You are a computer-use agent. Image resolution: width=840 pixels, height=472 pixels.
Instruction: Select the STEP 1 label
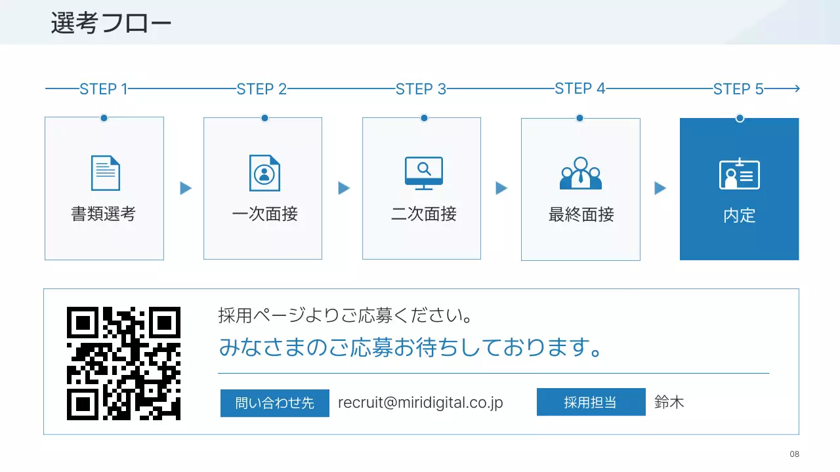coord(103,89)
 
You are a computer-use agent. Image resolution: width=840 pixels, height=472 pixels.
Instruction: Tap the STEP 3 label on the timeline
coord(421,89)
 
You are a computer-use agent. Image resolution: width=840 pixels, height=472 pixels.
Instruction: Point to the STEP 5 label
coord(738,89)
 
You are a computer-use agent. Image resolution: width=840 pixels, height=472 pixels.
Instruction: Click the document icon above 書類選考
coord(105,173)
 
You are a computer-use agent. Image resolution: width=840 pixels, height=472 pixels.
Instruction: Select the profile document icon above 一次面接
coord(264,173)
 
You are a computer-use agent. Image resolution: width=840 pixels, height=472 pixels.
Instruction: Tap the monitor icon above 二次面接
coord(423,173)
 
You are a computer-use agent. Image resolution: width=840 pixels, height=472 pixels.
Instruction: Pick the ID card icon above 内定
coord(740,174)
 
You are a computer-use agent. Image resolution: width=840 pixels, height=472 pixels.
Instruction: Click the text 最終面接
coord(581,214)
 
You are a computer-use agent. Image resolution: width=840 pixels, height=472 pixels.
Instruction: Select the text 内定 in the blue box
coord(740,216)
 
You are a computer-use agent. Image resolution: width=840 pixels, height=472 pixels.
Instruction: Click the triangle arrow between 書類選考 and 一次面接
coord(186,189)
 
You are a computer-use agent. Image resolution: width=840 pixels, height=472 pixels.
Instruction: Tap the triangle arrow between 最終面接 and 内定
coord(660,189)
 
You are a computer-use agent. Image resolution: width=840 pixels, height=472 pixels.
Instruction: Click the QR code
coord(123,363)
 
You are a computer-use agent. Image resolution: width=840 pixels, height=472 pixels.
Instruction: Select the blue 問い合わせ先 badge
coord(275,403)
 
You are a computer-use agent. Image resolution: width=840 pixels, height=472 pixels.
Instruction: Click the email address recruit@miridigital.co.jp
coord(420,403)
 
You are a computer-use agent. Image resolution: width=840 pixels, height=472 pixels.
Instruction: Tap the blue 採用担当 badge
coord(591,403)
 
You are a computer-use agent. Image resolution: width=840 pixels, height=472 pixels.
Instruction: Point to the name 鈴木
coord(669,403)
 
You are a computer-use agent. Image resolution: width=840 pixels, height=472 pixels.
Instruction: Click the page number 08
coord(795,454)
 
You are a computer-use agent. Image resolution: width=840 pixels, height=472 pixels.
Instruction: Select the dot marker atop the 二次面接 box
coord(424,118)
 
